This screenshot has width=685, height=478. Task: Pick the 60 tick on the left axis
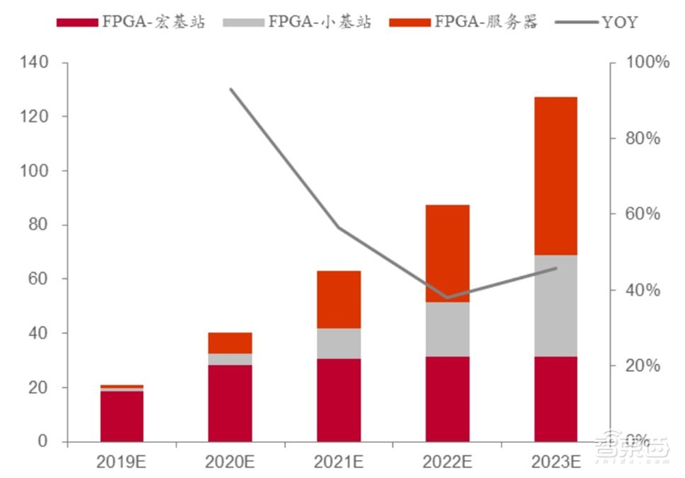(x=39, y=279)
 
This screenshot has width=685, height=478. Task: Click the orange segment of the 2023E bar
(x=555, y=176)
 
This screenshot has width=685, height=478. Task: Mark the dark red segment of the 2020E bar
(x=230, y=403)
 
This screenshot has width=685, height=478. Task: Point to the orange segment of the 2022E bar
(x=447, y=254)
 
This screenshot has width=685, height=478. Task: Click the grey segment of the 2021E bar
(x=338, y=344)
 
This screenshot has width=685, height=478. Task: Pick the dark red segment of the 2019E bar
(x=122, y=416)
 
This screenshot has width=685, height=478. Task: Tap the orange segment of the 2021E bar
(x=338, y=300)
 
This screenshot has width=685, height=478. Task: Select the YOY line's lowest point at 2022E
(x=447, y=297)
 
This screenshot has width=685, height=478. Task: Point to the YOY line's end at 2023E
(x=556, y=268)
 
